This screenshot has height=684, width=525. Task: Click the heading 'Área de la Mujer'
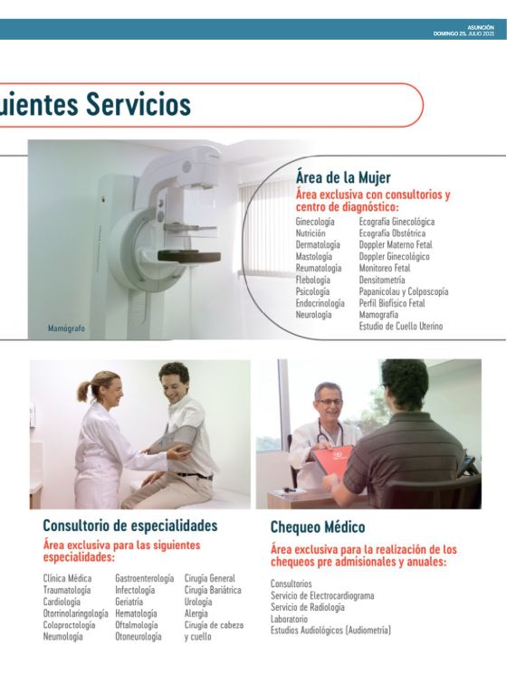(x=343, y=177)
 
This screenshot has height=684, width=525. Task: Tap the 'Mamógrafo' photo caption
(x=66, y=328)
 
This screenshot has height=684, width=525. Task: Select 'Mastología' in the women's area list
(x=314, y=257)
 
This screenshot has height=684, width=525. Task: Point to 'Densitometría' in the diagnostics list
(x=382, y=280)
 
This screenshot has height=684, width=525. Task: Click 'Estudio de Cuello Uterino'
(x=401, y=326)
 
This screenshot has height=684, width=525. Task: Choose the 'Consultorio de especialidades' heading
(x=130, y=525)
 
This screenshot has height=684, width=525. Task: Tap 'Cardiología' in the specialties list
(x=62, y=602)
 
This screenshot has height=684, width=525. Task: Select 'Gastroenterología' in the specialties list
(x=145, y=578)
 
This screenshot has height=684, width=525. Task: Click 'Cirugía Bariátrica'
(x=213, y=590)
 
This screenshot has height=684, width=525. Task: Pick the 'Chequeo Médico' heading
(x=318, y=527)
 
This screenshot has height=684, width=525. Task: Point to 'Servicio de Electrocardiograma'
(x=322, y=595)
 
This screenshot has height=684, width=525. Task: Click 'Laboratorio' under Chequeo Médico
(x=289, y=619)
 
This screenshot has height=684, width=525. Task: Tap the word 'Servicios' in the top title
(x=138, y=104)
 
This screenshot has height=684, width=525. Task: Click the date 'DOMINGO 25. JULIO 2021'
(x=463, y=33)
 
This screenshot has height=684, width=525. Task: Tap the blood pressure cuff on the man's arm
(x=176, y=439)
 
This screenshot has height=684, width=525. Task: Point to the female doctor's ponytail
(x=84, y=391)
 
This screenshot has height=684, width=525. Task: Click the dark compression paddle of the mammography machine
(x=188, y=256)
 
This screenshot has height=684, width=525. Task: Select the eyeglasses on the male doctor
(x=329, y=402)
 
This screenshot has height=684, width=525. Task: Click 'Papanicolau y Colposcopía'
(x=404, y=291)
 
